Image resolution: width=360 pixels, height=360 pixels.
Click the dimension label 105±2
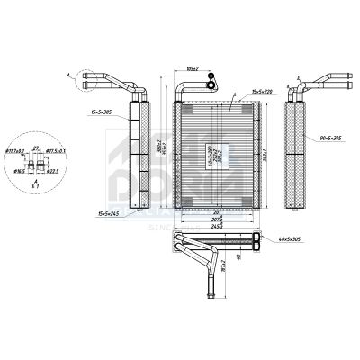point(192,67)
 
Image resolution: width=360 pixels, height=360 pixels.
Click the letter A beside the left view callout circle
point(69,76)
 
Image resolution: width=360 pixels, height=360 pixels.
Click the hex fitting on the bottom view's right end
point(261,240)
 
